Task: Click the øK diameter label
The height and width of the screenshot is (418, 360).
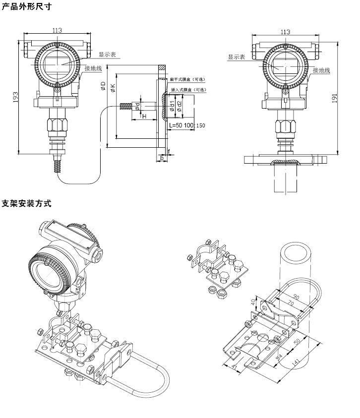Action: (113, 88)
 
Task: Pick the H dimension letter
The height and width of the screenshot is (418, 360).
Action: (144, 116)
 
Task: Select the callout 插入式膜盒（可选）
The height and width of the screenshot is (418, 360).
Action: (188, 90)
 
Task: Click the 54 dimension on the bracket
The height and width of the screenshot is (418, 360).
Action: (279, 355)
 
